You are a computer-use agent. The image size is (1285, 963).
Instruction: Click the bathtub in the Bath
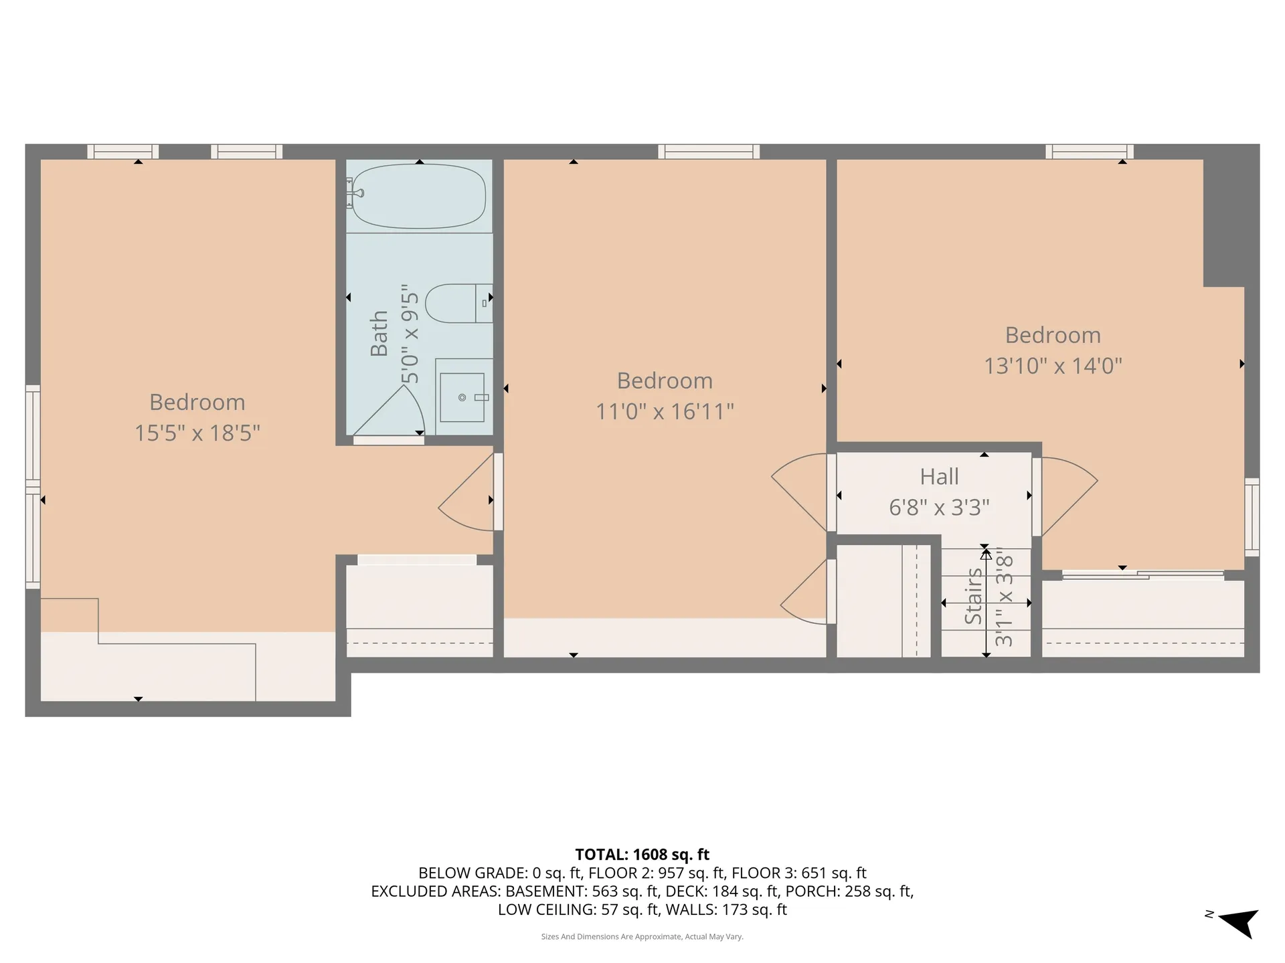(419, 196)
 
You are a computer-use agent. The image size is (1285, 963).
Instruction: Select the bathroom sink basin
(462, 397)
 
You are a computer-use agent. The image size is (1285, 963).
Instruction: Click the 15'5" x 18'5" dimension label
(197, 433)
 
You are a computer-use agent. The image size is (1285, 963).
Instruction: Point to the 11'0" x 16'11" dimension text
(665, 411)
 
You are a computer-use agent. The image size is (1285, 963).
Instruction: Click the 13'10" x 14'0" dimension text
(1053, 366)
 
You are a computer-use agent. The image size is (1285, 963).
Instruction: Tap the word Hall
(939, 477)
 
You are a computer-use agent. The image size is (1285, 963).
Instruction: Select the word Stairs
(973, 596)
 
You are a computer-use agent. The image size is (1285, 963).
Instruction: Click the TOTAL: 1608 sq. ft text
(642, 854)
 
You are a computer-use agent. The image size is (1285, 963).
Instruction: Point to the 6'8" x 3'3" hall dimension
(939, 508)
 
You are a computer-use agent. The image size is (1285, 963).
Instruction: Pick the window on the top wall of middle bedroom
(708, 152)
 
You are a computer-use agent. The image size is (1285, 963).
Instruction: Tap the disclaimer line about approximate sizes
(642, 937)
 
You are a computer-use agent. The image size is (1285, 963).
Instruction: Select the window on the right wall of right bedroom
(1252, 517)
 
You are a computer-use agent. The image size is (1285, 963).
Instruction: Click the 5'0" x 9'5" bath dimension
(410, 338)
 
